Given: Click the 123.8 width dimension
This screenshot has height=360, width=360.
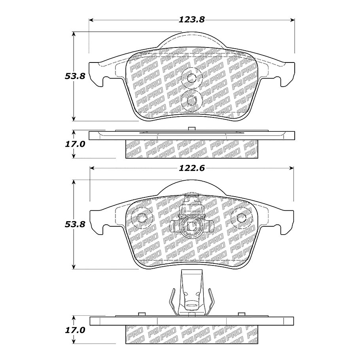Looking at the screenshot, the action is [x=192, y=20].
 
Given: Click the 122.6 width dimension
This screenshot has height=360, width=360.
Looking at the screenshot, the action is [x=192, y=168].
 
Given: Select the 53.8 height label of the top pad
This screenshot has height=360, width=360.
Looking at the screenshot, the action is [x=75, y=76].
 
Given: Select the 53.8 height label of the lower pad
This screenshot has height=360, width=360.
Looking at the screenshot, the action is [x=75, y=224].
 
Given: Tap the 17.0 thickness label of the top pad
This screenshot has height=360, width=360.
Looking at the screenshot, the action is [x=75, y=144].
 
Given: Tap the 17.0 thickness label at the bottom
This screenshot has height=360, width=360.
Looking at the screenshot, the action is [x=75, y=330].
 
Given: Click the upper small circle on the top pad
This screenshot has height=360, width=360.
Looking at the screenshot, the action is [x=191, y=78].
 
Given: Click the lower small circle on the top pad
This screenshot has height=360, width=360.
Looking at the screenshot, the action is [x=192, y=100].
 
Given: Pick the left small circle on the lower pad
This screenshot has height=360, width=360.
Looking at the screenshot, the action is [x=142, y=218].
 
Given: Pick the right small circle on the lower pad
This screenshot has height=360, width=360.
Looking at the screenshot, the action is [x=242, y=218].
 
